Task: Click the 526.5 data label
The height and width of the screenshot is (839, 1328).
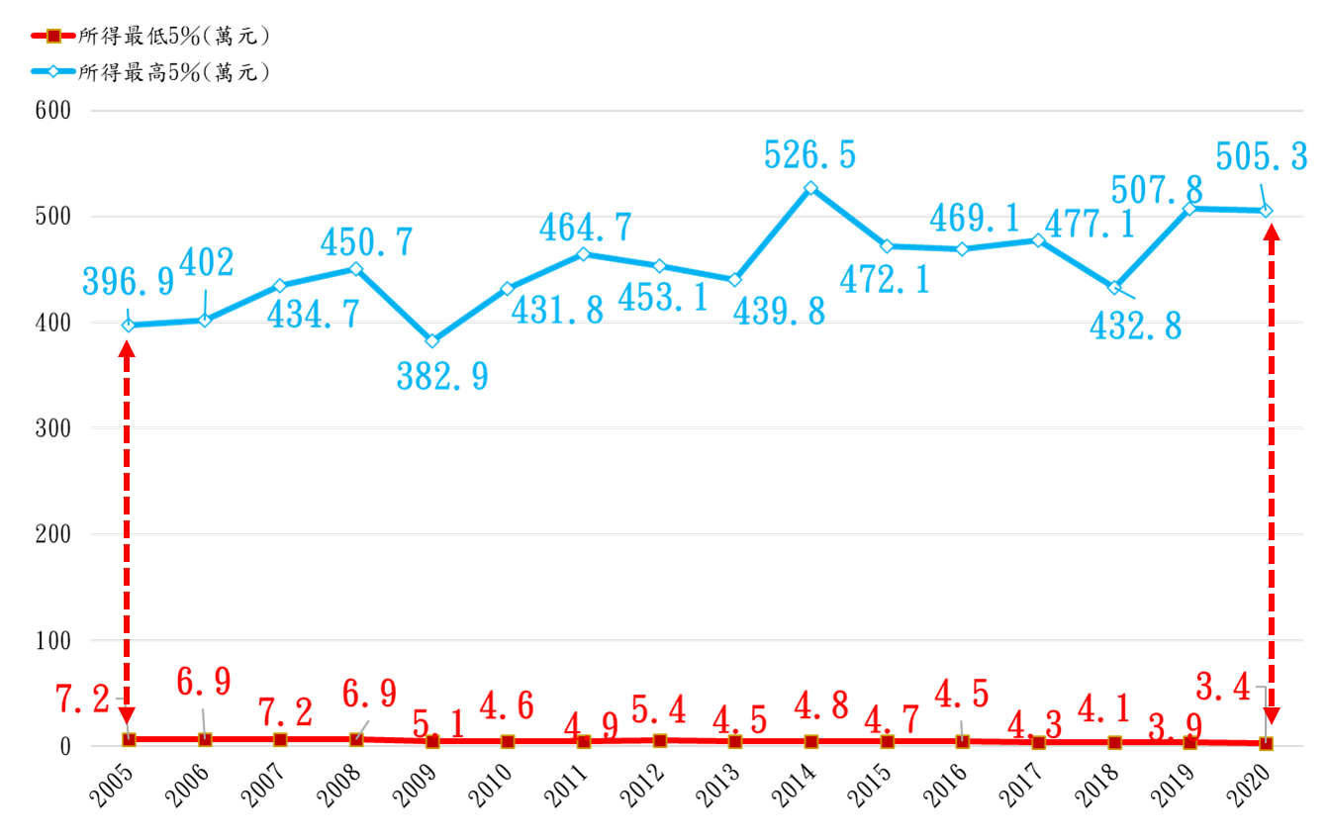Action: pos(809,155)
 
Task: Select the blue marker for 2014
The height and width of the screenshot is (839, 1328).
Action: pos(810,188)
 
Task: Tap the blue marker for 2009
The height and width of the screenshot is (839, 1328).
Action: pos(431,341)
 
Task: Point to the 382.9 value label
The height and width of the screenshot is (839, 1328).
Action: pos(442,376)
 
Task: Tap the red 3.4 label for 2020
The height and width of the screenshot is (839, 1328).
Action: pos(1223,685)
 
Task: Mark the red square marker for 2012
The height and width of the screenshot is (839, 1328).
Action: pos(659,740)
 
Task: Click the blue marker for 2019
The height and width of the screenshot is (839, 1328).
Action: pos(1190,209)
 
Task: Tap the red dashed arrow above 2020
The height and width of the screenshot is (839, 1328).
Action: pos(1272,475)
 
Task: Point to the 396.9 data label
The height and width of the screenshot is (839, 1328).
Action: pos(129,280)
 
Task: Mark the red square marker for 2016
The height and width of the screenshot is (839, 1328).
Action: pos(963,741)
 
